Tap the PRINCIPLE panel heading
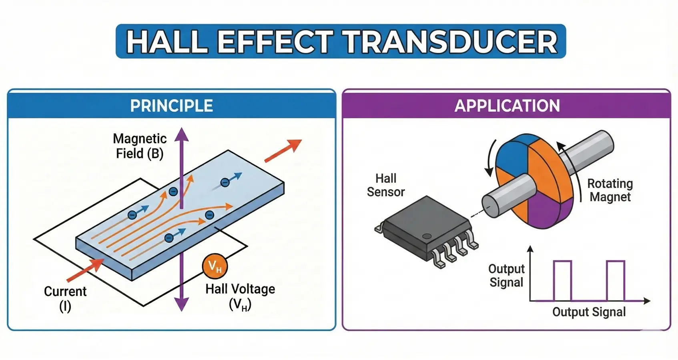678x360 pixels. (x=171, y=106)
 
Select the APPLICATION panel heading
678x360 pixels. (x=507, y=106)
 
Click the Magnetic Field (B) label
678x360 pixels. (x=140, y=146)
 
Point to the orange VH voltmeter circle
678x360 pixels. (x=215, y=266)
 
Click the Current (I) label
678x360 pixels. (x=65, y=298)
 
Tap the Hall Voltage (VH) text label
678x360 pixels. (x=240, y=296)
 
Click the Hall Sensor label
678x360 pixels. (x=386, y=185)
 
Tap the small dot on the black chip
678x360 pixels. (x=427, y=236)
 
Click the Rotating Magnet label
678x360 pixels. (x=610, y=190)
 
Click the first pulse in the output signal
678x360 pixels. (x=562, y=280)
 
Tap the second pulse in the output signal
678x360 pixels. (x=616, y=280)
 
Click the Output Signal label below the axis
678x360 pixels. (x=589, y=312)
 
